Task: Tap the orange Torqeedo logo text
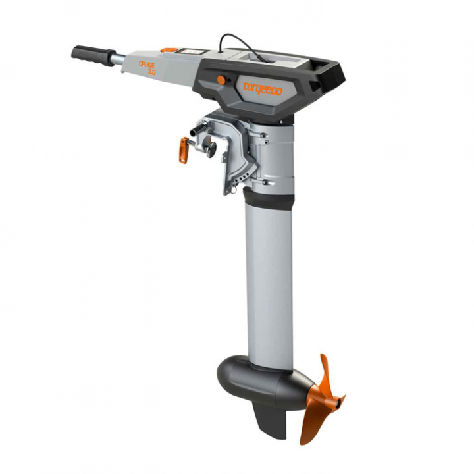pyautogui.click(x=262, y=89)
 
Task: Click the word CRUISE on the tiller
pyautogui.click(x=147, y=64)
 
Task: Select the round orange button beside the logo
pyautogui.click(x=221, y=80)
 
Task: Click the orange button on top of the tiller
pyautogui.click(x=169, y=49)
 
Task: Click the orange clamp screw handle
pyautogui.click(x=182, y=149)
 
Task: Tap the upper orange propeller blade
pyautogui.click(x=325, y=373)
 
